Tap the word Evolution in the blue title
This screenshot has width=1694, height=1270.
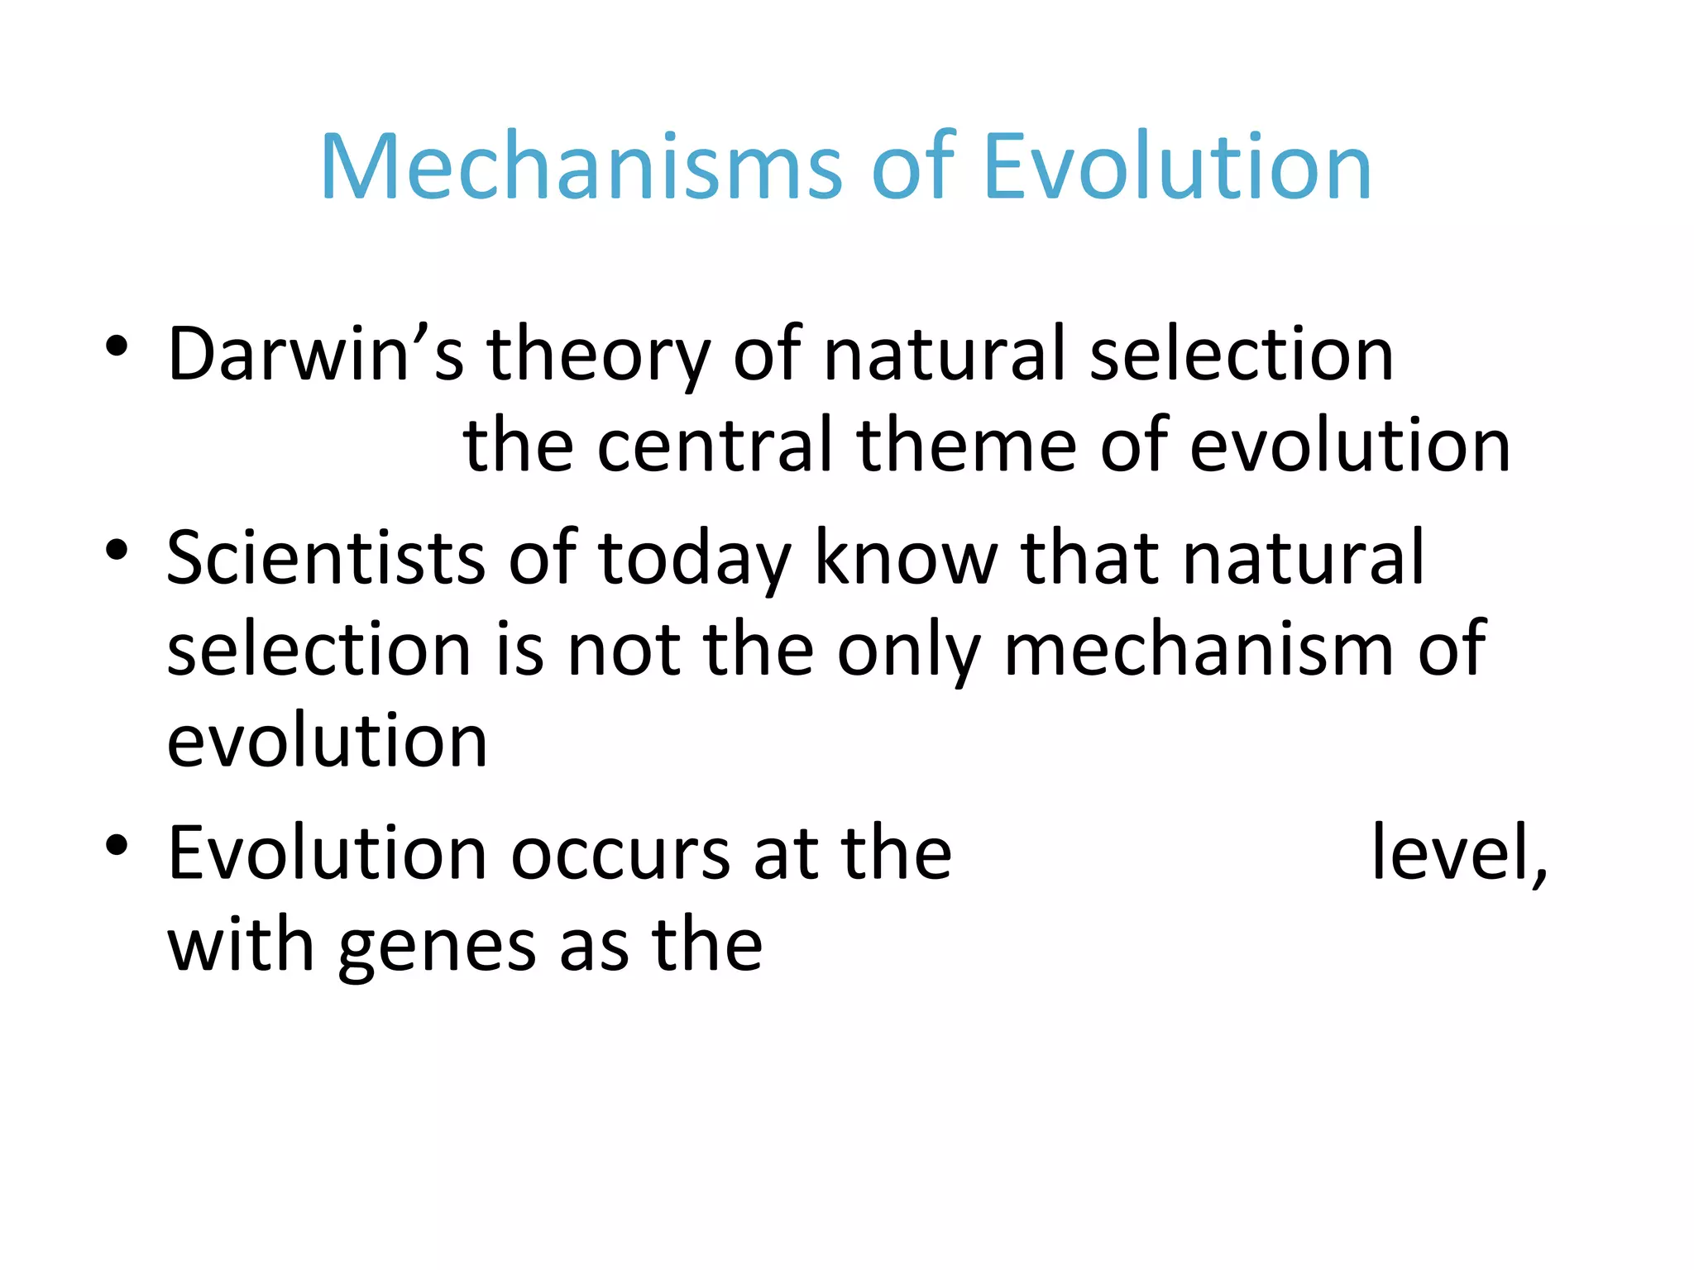pos(1177,168)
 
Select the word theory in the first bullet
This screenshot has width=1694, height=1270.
pos(597,356)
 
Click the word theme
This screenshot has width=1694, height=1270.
pos(966,446)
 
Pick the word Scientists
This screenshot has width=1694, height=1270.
pos(325,558)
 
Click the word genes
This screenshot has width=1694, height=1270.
pos(437,948)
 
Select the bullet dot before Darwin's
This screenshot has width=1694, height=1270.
pos(117,346)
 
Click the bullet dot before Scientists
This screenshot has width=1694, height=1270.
pos(117,550)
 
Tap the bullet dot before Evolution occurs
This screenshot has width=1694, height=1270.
pos(117,845)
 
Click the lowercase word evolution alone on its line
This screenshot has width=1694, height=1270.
pos(328,741)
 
